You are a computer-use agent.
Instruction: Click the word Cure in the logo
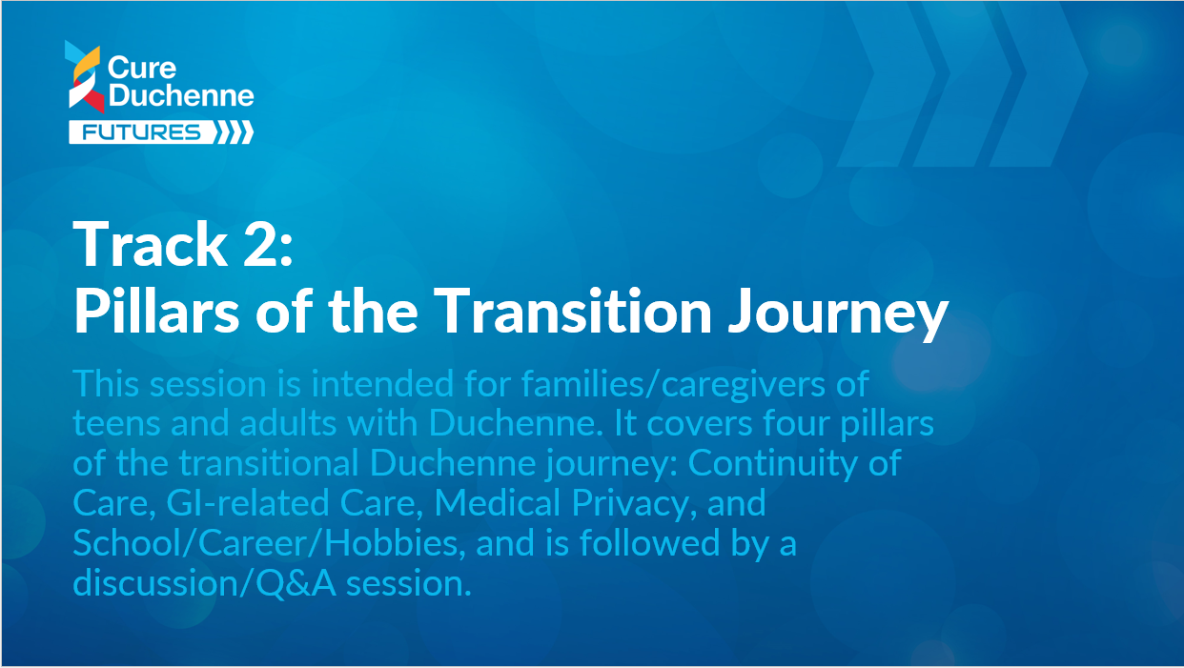point(142,68)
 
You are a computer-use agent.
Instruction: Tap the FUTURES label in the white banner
point(142,132)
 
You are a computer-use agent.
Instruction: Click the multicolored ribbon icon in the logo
point(85,76)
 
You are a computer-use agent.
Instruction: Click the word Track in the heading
point(150,243)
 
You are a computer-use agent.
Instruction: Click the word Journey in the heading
point(838,314)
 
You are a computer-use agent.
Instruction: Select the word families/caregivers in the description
point(673,384)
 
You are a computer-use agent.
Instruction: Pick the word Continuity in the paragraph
point(773,463)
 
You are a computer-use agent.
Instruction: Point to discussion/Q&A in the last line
point(205,584)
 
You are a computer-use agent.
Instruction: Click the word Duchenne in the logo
point(181,95)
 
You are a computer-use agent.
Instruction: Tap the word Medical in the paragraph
point(498,502)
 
